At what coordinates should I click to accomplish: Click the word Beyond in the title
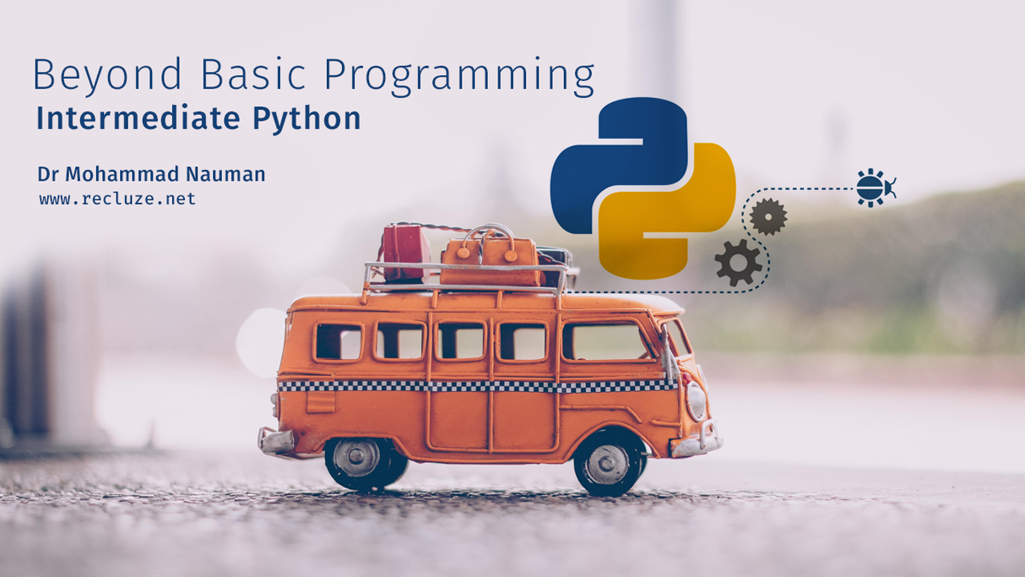tap(108, 76)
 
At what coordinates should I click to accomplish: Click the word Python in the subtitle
tap(306, 119)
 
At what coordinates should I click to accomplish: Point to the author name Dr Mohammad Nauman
tap(151, 175)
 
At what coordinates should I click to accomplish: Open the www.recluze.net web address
tap(117, 199)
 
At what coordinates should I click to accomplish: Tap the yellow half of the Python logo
tap(675, 220)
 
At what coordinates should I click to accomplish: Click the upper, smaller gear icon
tap(767, 216)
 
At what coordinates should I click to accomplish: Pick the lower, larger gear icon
tap(738, 262)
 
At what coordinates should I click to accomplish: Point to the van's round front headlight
tap(695, 400)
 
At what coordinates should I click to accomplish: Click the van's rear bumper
tap(275, 440)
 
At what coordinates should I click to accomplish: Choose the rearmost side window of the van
tap(338, 341)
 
